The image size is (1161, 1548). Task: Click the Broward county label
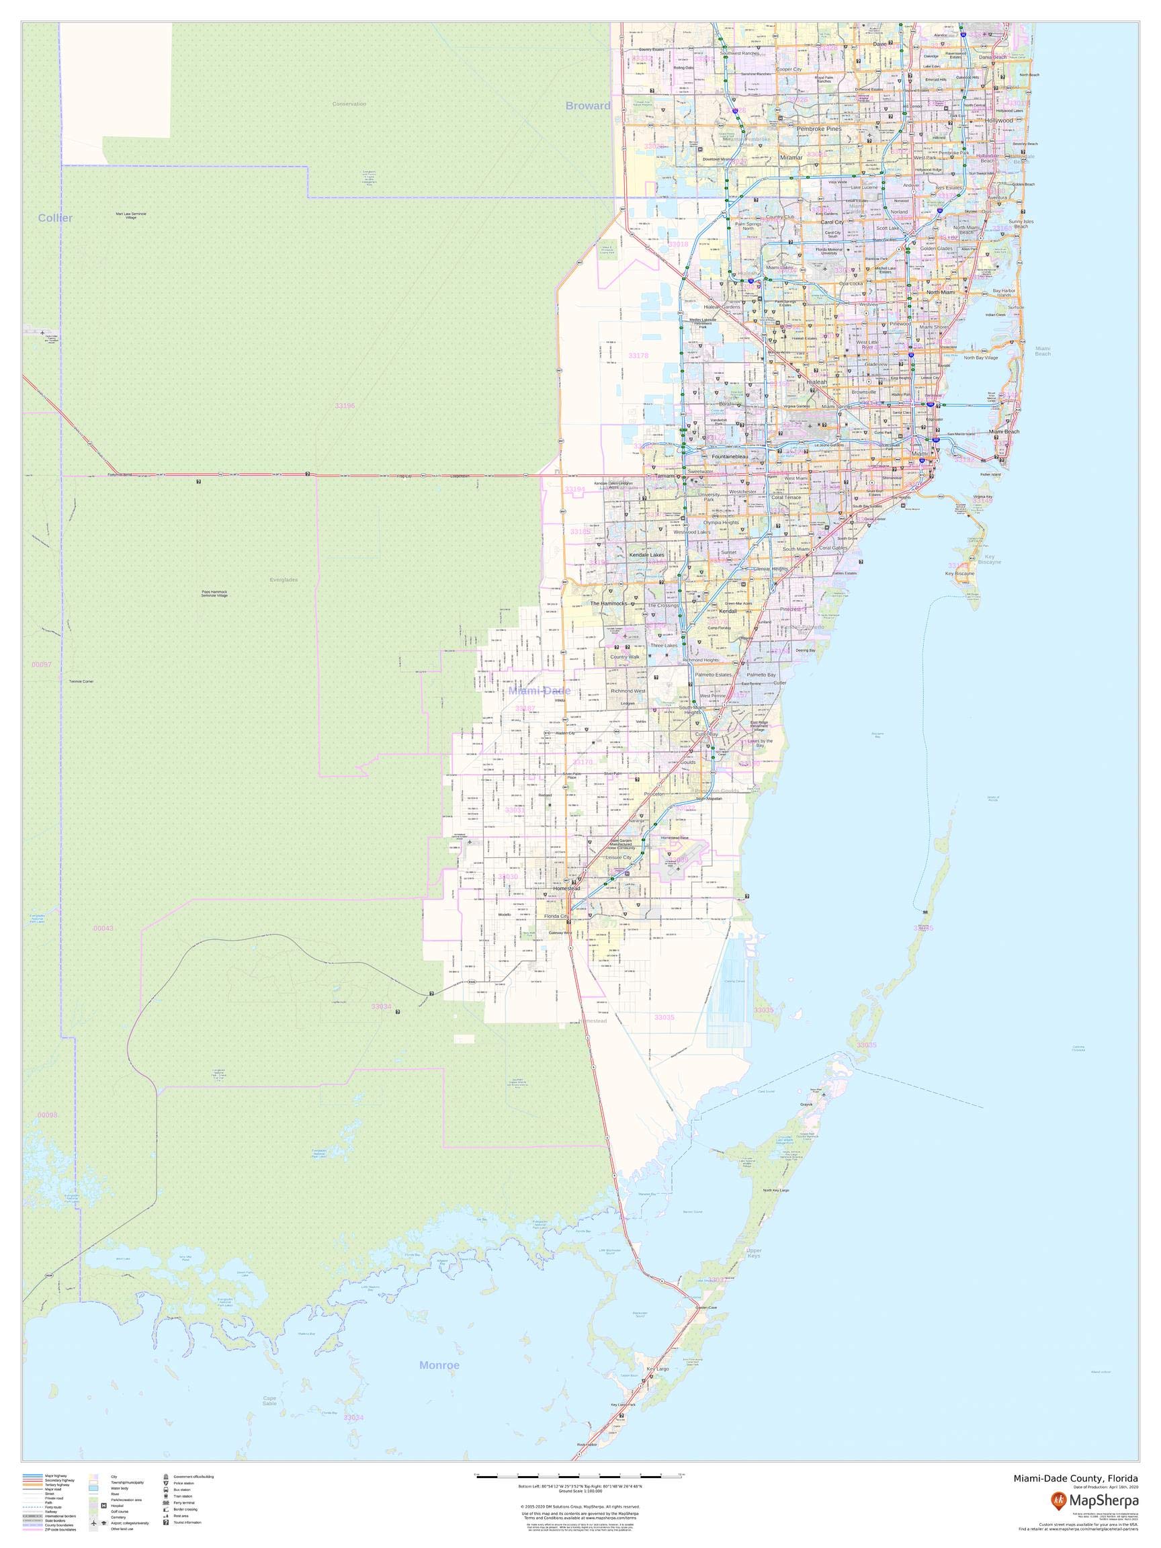(587, 105)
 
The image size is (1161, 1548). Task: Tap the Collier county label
(55, 218)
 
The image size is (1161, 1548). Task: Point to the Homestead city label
(567, 888)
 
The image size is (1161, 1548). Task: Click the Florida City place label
(556, 915)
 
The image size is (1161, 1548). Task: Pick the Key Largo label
(658, 1368)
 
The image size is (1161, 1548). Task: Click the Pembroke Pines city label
(819, 130)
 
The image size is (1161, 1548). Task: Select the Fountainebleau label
(730, 456)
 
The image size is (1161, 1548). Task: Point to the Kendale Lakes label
(646, 555)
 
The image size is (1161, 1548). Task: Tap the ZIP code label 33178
(638, 356)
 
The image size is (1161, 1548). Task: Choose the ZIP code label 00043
(103, 928)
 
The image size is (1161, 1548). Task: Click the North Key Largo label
(775, 1190)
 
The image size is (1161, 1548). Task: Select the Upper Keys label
(754, 1252)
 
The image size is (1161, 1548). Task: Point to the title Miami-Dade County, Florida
(1076, 1477)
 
